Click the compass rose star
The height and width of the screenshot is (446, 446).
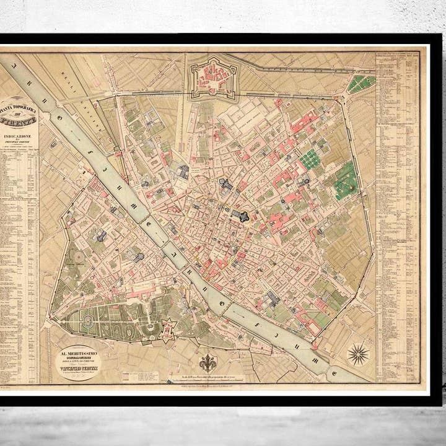[357, 354]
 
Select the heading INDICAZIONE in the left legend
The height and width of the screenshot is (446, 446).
[24, 134]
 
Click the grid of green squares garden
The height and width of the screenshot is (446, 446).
[310, 160]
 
